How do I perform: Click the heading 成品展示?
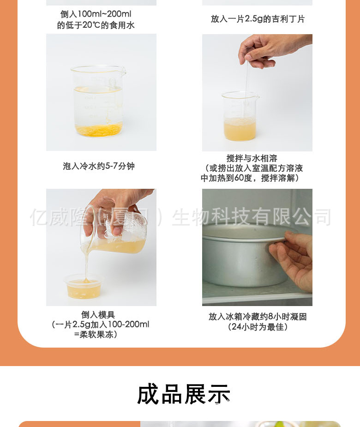coord(184,394)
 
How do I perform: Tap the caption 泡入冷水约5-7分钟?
coord(99,166)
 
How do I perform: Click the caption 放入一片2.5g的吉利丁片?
coord(258,19)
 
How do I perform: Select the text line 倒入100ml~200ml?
coord(96,14)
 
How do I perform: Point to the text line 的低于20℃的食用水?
coord(96,25)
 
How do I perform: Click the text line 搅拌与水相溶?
coord(252,158)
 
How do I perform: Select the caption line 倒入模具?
coord(98,314)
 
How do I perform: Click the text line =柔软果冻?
coord(96,334)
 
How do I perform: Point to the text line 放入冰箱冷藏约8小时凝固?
coord(258,316)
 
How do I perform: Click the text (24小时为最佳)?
coord(258,326)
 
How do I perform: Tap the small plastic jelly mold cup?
coord(84,287)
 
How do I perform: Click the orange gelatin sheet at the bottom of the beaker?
coord(99,129)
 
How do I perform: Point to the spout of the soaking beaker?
coord(123,72)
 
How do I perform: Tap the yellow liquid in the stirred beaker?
coord(240,129)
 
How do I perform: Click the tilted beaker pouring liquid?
coord(114,229)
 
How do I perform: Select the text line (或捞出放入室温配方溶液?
coord(253,168)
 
